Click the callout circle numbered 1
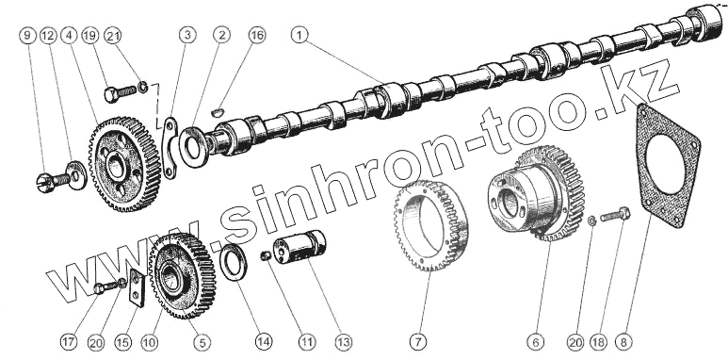point(299,35)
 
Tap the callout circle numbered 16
point(257,35)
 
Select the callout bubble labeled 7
point(418,342)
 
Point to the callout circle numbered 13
point(344,342)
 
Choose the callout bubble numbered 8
point(623,342)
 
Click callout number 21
point(112,35)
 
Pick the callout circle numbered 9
point(28,35)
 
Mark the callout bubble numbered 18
point(598,342)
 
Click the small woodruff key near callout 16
point(218,112)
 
